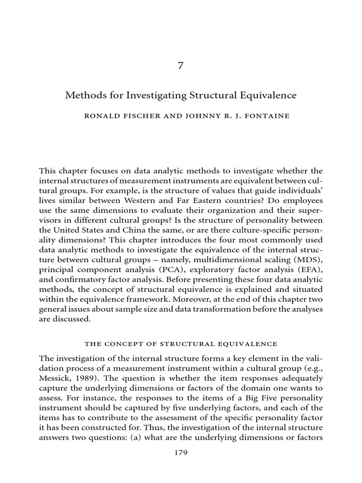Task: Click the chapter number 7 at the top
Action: (x=181, y=66)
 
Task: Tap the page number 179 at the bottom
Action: (x=181, y=453)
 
